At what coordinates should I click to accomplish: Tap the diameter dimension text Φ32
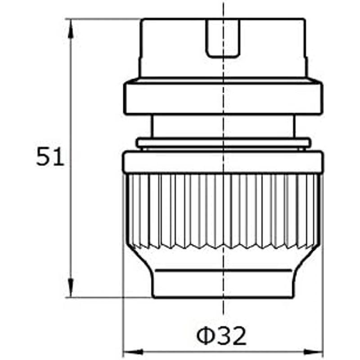pyautogui.click(x=222, y=336)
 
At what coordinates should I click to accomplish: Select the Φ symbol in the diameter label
pyautogui.click(x=205, y=336)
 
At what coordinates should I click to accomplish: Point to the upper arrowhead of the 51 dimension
pyautogui.click(x=71, y=27)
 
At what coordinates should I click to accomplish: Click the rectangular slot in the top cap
pyautogui.click(x=223, y=38)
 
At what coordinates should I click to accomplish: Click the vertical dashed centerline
pyautogui.click(x=223, y=315)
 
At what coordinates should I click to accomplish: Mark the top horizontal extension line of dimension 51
pyautogui.click(x=103, y=19)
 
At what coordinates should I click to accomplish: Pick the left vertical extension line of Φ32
pyautogui.click(x=123, y=315)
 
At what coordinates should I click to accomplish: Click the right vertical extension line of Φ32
pyautogui.click(x=323, y=315)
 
